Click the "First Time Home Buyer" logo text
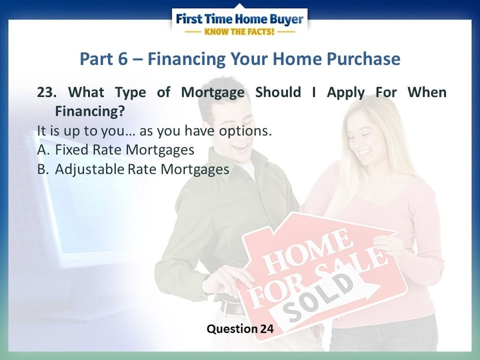(x=240, y=19)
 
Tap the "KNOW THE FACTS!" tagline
(x=239, y=32)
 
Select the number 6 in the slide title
(x=123, y=59)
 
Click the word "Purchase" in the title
(x=364, y=59)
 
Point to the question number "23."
(x=47, y=92)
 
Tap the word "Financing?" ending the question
(x=90, y=112)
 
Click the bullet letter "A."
(x=44, y=150)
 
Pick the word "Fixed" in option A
(x=72, y=150)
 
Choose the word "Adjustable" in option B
(x=90, y=170)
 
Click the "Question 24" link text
(x=240, y=329)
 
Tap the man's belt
(x=232, y=308)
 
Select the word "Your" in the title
(x=249, y=59)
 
